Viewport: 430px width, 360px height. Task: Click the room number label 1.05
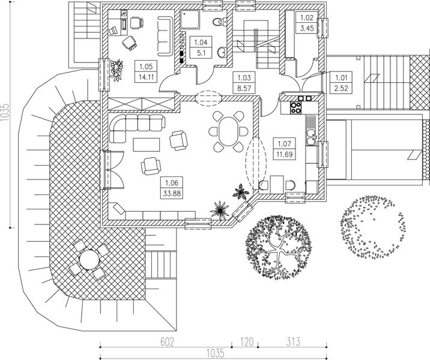click(x=146, y=67)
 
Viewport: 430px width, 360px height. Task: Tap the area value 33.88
click(x=172, y=194)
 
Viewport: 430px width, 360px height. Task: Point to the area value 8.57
click(x=244, y=88)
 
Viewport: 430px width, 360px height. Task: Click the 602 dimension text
click(x=168, y=342)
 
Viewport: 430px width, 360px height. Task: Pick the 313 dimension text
click(x=293, y=342)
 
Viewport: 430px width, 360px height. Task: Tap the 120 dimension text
click(x=247, y=342)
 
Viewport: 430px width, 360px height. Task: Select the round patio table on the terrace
click(x=89, y=259)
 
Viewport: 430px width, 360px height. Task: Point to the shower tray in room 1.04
click(x=190, y=19)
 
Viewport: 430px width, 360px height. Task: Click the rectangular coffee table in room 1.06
click(x=147, y=145)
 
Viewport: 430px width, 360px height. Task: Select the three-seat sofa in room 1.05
click(x=165, y=36)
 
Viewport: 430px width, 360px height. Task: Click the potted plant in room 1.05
click(x=117, y=70)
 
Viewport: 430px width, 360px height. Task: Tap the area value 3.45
click(x=307, y=28)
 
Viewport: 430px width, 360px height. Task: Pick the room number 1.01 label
click(x=342, y=77)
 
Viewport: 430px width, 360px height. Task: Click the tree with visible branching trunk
click(x=279, y=247)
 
